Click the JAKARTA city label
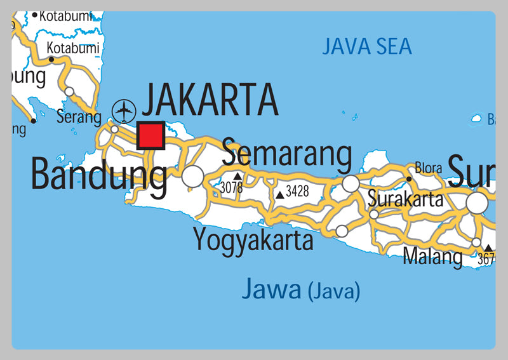(x=210, y=101)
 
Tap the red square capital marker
(x=151, y=136)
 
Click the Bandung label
(x=99, y=175)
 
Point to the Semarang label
(x=286, y=154)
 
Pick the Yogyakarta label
(x=253, y=241)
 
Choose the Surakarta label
(x=406, y=199)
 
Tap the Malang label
(x=433, y=257)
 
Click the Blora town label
(x=429, y=168)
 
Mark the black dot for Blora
(x=410, y=179)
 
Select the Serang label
(x=79, y=117)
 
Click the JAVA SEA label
(x=367, y=46)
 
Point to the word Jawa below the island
(x=271, y=290)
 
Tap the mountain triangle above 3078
(x=237, y=176)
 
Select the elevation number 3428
(x=297, y=190)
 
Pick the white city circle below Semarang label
(x=351, y=183)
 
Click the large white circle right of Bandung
(x=193, y=176)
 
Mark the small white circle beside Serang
(x=114, y=130)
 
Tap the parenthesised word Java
(x=334, y=292)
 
